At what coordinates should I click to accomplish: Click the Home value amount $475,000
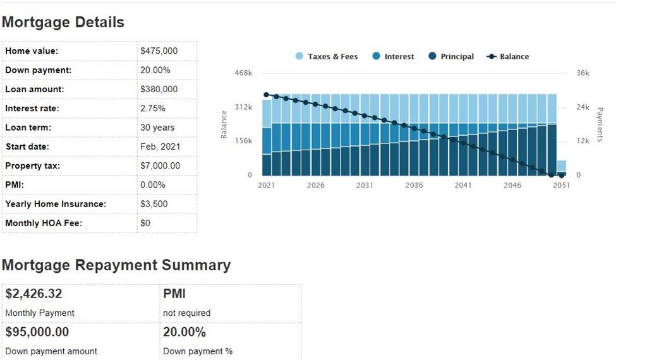[159, 51]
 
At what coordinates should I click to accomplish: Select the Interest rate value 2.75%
[152, 109]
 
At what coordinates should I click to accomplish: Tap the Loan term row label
[28, 128]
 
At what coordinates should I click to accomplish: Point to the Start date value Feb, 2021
[160, 147]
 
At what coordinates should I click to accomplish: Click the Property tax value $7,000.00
[160, 165]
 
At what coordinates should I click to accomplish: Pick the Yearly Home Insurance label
[56, 204]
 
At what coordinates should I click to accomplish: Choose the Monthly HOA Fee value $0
[145, 223]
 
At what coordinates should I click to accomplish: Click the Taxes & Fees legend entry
[327, 57]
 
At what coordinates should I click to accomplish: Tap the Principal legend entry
[450, 57]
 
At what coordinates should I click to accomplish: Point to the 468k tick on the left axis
[243, 73]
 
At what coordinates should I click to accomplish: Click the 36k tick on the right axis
[583, 73]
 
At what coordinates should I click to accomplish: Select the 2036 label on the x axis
[414, 186]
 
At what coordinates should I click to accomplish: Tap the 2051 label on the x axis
[561, 186]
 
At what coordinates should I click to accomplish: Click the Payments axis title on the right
[600, 124]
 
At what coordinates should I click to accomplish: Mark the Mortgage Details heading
[63, 23]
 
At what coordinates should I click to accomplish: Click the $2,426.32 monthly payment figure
[33, 294]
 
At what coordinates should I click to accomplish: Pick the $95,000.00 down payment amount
[37, 332]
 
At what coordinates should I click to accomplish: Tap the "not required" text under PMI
[186, 313]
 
